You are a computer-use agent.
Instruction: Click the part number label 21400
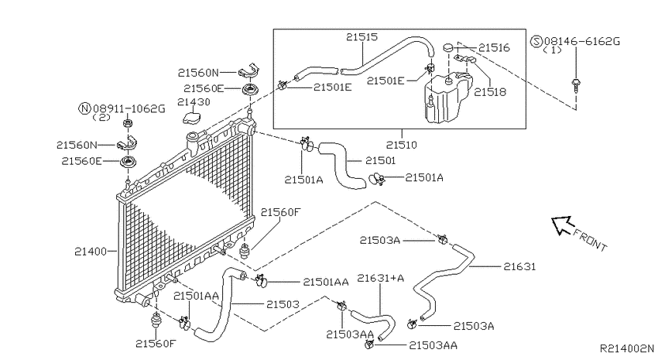(x=91, y=252)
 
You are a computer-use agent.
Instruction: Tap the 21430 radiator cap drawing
(x=192, y=117)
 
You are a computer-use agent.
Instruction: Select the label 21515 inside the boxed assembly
(x=362, y=37)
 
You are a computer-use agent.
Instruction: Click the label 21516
(x=494, y=48)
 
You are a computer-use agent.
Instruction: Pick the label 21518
(x=490, y=92)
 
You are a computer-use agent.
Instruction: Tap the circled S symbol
(x=536, y=41)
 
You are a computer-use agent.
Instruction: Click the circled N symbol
(x=85, y=108)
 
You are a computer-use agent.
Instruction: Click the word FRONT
(x=590, y=241)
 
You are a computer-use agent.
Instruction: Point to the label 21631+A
(x=380, y=278)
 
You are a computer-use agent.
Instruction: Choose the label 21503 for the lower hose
(x=283, y=304)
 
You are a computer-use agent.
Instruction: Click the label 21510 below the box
(x=402, y=146)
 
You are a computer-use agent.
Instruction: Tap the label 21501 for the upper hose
(x=381, y=161)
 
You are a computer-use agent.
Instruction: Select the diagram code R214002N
(x=626, y=348)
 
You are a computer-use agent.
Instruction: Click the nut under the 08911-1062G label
(x=128, y=124)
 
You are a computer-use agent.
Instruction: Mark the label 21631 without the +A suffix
(x=519, y=267)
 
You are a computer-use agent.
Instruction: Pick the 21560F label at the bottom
(x=156, y=344)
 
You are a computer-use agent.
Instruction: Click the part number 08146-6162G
(x=582, y=42)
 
